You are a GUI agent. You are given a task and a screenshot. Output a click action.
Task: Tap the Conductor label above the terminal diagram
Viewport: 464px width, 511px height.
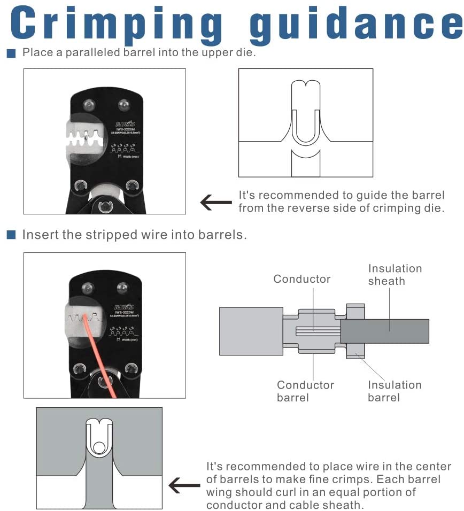(302, 279)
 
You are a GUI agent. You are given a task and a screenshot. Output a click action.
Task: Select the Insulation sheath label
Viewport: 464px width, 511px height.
(395, 275)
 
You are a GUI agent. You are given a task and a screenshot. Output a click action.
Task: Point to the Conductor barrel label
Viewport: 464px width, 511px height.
(305, 391)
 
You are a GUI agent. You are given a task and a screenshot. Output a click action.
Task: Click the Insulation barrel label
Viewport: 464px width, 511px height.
(395, 391)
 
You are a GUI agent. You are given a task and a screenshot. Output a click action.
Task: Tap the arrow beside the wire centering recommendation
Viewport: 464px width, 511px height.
(184, 485)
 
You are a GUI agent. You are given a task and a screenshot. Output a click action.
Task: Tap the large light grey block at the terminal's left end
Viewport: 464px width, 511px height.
(251, 331)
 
